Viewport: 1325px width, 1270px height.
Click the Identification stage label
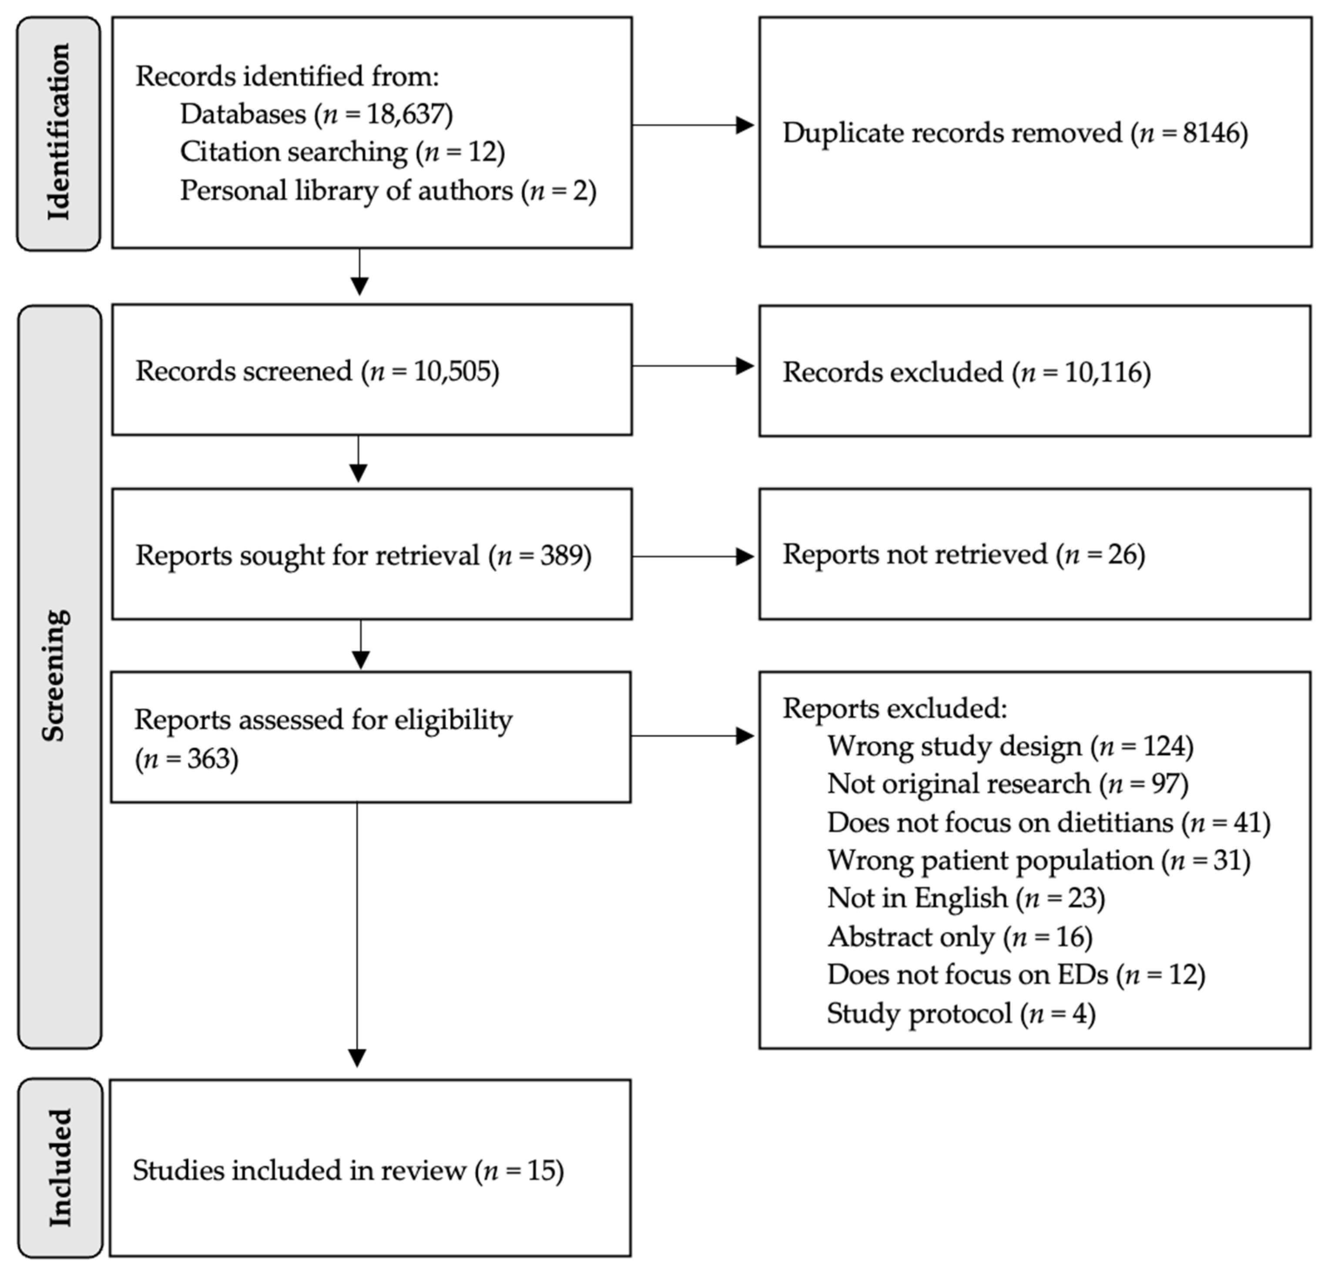tap(59, 133)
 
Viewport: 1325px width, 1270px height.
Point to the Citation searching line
tap(342, 151)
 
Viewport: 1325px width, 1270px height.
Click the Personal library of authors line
tap(387, 191)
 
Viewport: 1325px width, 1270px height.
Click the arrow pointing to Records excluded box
tap(693, 366)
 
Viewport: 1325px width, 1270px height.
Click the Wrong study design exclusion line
tap(1010, 746)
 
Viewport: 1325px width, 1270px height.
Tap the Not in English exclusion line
tap(965, 898)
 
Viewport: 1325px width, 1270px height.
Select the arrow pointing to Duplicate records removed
tap(693, 124)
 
